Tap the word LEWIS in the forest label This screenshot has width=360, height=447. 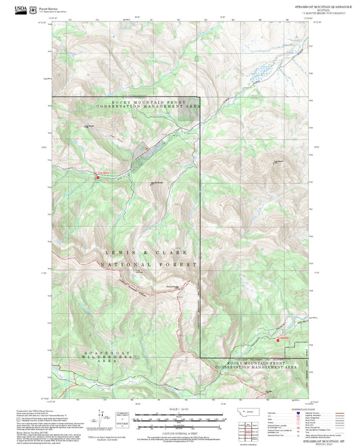pos(118,251)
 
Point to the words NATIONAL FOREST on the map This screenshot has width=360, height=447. pos(149,265)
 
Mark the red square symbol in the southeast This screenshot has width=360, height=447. pos(277,339)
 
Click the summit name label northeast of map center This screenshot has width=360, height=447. pos(278,161)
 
